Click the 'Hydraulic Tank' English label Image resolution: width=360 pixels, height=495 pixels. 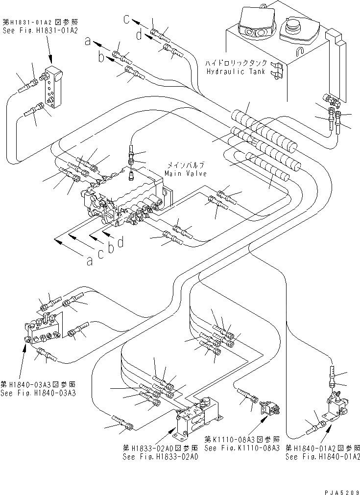point(236,71)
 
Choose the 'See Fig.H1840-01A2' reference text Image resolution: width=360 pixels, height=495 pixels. point(323,456)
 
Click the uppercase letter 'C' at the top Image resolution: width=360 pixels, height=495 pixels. point(126,20)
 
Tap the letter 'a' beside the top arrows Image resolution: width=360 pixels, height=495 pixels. point(88,42)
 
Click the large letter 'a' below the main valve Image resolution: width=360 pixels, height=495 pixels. point(89,261)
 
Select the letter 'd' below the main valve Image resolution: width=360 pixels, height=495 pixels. point(120,242)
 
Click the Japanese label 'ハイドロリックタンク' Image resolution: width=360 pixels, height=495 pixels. point(236,63)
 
